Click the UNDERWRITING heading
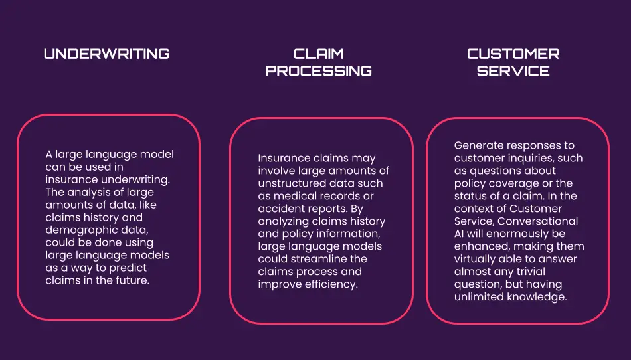point(106,54)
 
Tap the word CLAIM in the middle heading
point(318,54)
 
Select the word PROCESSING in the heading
point(318,71)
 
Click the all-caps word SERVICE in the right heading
point(513,71)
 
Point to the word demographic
point(76,230)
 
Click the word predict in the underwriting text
point(129,268)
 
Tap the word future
point(133,280)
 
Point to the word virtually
point(476,259)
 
